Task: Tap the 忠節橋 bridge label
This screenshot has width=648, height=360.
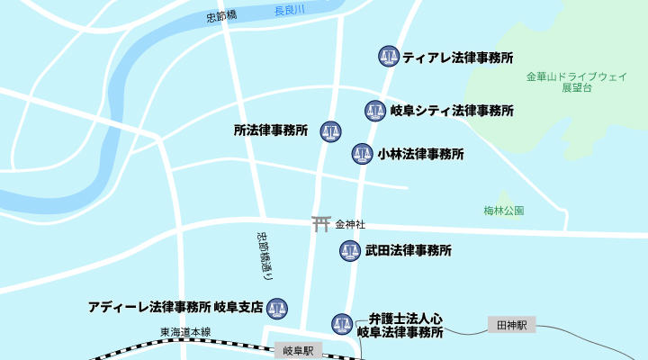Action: pyautogui.click(x=221, y=16)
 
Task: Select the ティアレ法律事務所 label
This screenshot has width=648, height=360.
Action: pyautogui.click(x=458, y=57)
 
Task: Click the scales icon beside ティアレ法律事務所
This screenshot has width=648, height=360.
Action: pyautogui.click(x=389, y=57)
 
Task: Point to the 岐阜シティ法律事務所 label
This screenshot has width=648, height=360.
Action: pyautogui.click(x=452, y=111)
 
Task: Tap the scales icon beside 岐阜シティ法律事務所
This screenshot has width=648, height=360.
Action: pyautogui.click(x=375, y=111)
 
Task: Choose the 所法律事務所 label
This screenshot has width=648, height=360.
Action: pyautogui.click(x=271, y=130)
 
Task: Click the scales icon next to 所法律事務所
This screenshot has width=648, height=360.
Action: pyautogui.click(x=330, y=131)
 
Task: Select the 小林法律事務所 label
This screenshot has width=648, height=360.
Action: pyautogui.click(x=421, y=154)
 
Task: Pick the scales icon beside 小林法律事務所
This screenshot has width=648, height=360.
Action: pyautogui.click(x=362, y=154)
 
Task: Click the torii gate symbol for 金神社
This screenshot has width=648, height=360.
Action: pyautogui.click(x=321, y=223)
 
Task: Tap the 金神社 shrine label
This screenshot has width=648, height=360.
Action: pyautogui.click(x=350, y=223)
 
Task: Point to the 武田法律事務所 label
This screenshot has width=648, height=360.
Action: pyautogui.click(x=409, y=250)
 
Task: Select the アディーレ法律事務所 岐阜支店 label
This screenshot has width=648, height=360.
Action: pyautogui.click(x=175, y=307)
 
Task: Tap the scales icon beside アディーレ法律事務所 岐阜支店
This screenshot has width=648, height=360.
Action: pyautogui.click(x=276, y=308)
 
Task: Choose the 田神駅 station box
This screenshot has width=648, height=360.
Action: pyautogui.click(x=511, y=324)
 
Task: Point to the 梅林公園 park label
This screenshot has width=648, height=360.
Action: pyautogui.click(x=503, y=211)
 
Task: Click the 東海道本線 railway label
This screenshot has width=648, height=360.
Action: pyautogui.click(x=185, y=332)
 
